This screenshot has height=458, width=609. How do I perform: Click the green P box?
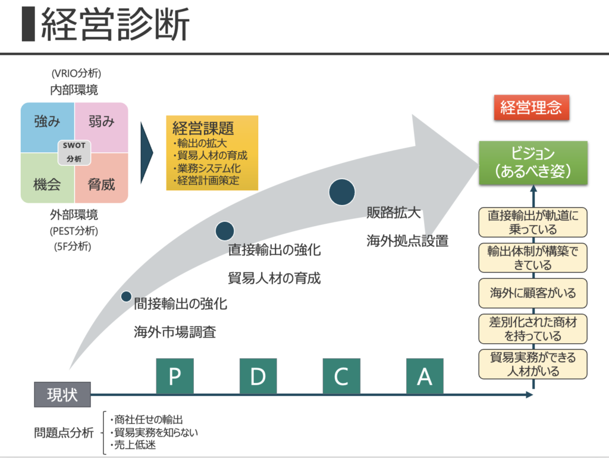tap(175, 376)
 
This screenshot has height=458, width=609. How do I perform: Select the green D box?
tap(258, 376)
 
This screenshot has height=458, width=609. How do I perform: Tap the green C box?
tap(341, 376)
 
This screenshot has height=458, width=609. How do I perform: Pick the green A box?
tap(425, 376)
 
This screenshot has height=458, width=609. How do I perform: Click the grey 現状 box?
tap(62, 394)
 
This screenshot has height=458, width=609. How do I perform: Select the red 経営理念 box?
tap(531, 108)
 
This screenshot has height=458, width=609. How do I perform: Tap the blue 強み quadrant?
tap(46, 124)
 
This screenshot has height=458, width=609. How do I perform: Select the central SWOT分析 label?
tap(74, 152)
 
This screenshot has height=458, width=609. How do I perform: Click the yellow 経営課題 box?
tap(212, 153)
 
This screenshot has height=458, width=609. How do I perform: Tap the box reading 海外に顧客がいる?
tap(533, 293)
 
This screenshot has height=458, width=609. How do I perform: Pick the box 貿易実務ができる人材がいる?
tap(533, 364)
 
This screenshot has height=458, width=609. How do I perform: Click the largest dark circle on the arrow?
tap(342, 191)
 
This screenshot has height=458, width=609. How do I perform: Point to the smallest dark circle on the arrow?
tap(126, 296)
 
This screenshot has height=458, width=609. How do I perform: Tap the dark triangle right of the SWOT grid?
tap(146, 152)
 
